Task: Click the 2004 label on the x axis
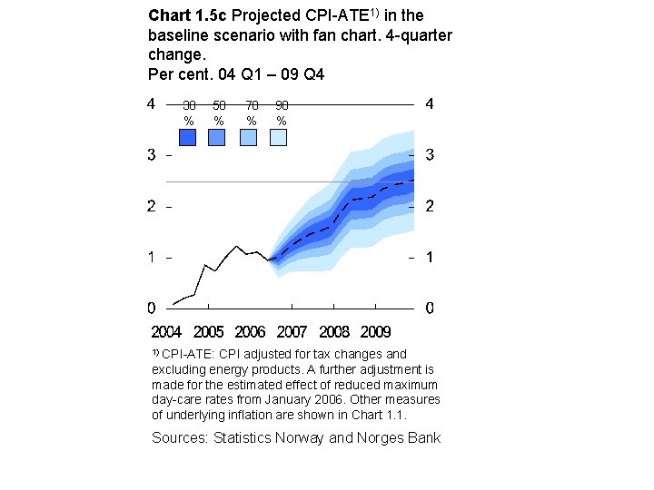166,332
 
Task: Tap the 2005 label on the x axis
208,332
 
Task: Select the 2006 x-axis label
250,332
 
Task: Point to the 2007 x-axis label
292,332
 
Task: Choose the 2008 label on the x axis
333,332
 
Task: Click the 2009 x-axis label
375,332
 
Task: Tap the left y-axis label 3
152,155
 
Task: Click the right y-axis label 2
430,207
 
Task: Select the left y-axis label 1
152,258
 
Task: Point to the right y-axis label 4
430,104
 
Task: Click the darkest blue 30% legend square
188,137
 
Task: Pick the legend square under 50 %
217,137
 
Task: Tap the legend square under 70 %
248,137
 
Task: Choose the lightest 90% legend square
278,137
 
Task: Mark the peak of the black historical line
237,246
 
